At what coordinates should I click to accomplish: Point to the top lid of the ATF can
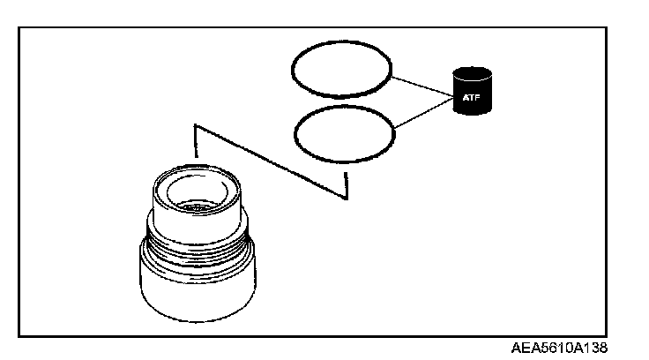click(x=474, y=73)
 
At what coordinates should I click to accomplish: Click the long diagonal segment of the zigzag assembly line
click(x=269, y=161)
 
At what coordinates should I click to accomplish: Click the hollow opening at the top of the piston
click(x=197, y=192)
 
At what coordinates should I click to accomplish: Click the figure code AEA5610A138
click(x=558, y=348)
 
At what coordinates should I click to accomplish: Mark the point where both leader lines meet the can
click(x=452, y=94)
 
